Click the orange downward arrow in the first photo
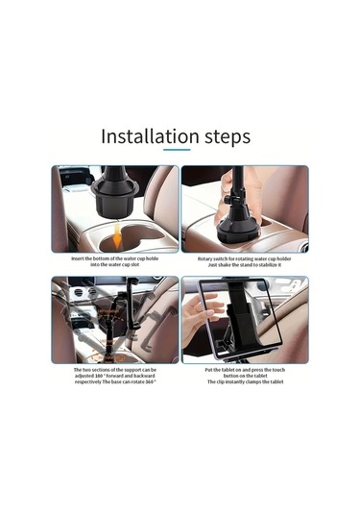point(117,232)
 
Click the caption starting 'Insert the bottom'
point(115,258)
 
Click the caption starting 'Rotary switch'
point(245,258)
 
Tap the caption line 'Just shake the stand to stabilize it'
point(245,265)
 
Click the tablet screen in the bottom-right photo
point(259,331)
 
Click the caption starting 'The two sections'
point(115,369)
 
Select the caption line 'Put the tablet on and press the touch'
point(245,369)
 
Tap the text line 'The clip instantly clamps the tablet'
point(245,381)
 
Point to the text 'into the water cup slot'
point(115,265)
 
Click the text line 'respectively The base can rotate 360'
point(115,381)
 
